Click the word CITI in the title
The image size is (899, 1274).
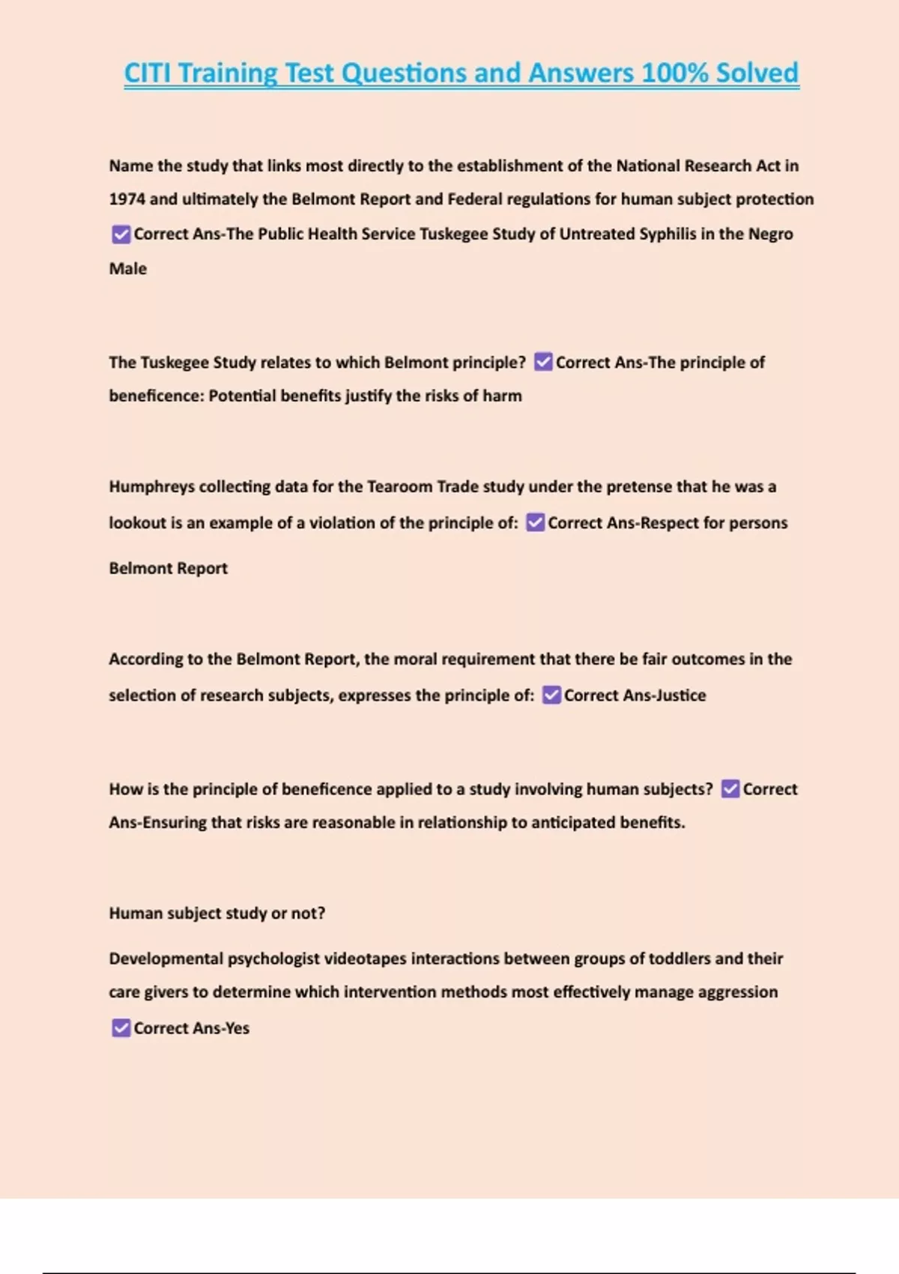click(148, 73)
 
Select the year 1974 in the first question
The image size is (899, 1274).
click(127, 199)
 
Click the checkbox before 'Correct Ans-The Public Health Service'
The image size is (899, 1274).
click(121, 235)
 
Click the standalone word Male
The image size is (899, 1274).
click(128, 269)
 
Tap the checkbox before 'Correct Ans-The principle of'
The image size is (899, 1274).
click(543, 363)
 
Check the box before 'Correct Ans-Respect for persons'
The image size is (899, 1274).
click(535, 522)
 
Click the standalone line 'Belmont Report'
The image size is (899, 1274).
click(168, 568)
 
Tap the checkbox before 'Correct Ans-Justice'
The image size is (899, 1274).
click(551, 695)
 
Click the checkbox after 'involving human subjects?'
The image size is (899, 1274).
click(730, 789)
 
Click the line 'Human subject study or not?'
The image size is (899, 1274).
click(217, 914)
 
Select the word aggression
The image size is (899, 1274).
click(737, 992)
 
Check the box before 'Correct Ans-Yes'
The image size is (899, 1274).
click(121, 1028)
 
